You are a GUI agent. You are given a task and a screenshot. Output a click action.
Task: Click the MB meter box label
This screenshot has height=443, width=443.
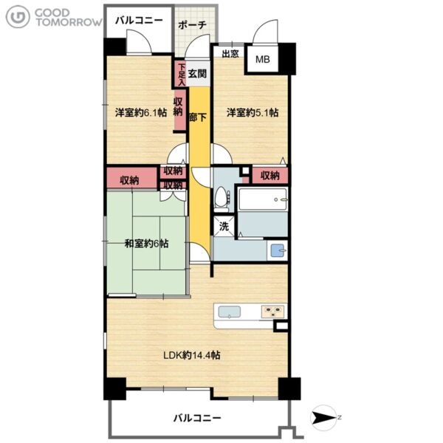[262, 59]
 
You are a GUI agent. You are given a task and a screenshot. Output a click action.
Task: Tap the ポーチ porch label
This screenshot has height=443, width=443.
[192, 25]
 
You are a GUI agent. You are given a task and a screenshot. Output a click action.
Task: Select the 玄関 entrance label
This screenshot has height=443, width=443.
[197, 74]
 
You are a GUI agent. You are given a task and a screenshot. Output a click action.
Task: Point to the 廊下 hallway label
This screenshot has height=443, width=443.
[198, 117]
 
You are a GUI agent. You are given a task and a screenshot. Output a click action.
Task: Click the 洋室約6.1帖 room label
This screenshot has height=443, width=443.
[141, 113]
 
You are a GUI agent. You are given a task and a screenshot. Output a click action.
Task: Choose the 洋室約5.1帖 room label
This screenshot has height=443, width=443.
[253, 113]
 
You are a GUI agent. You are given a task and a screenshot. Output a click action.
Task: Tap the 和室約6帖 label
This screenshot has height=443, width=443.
[147, 244]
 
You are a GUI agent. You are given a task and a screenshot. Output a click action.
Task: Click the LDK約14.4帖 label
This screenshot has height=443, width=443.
[192, 355]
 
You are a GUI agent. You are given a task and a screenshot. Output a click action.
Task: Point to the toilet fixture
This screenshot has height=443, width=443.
[221, 199]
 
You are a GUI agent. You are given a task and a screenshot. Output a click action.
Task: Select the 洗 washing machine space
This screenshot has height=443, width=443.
[224, 227]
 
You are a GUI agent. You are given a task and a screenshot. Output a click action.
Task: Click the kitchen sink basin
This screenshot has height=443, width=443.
[230, 312]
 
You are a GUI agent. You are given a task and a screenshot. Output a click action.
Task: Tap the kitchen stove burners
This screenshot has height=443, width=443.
[272, 312]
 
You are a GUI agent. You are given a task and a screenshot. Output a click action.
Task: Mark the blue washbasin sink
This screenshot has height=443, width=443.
[278, 250]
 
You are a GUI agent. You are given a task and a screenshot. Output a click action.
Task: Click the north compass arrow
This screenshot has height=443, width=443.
[324, 417]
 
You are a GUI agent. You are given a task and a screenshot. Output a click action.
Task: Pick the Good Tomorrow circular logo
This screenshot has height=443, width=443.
[18, 17]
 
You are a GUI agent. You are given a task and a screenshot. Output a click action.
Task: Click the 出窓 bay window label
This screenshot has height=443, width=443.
[230, 54]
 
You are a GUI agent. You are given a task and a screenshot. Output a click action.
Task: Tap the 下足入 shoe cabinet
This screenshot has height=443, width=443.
[181, 75]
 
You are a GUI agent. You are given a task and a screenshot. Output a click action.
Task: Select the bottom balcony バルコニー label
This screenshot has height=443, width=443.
[197, 418]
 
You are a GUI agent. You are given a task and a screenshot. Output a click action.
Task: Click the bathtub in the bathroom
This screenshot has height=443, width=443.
[263, 199]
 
